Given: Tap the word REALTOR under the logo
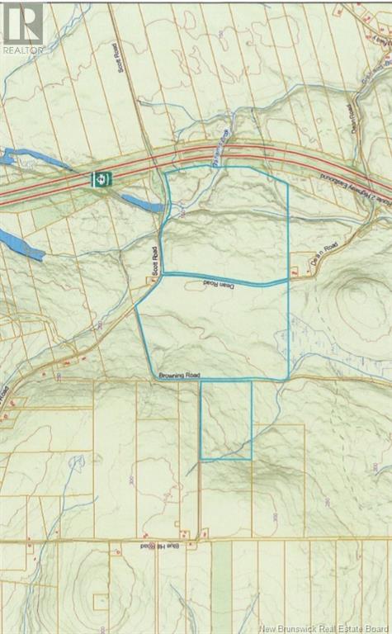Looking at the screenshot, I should pos(22,50).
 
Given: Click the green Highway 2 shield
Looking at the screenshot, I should pos(100,177).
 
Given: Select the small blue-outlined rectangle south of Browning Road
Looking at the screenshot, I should pos(226,419).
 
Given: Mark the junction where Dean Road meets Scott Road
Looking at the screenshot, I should pos(161,273).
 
